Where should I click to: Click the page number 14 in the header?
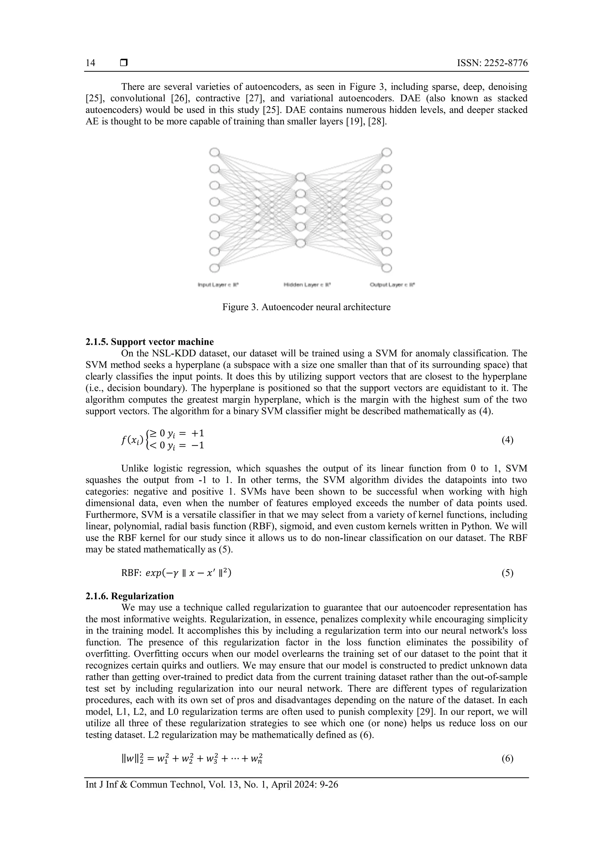click(x=90, y=63)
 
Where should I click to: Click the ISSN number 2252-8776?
click(x=493, y=63)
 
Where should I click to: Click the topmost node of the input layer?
click(x=214, y=152)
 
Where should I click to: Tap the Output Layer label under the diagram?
click(x=393, y=285)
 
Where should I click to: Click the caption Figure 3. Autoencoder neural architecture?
click(x=306, y=307)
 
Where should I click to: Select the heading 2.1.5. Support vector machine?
click(x=149, y=342)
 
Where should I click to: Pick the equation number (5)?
click(x=507, y=573)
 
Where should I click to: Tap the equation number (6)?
click(x=507, y=758)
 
